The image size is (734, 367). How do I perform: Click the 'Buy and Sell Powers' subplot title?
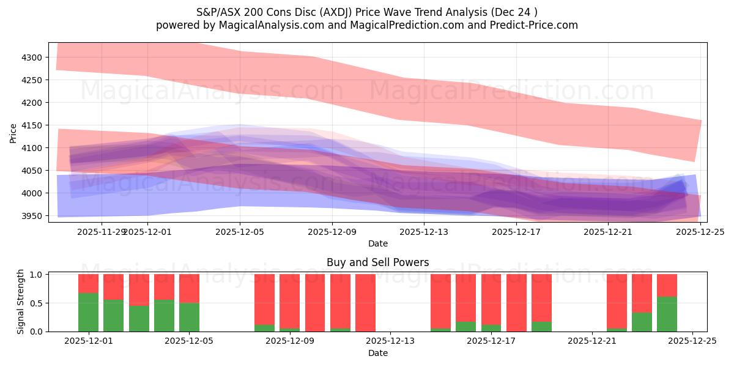click(377, 262)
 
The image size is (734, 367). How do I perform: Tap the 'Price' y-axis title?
click(13, 132)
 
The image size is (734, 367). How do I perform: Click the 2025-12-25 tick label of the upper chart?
click(700, 232)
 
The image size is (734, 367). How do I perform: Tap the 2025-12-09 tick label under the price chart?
click(332, 232)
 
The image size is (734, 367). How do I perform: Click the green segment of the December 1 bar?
click(89, 313)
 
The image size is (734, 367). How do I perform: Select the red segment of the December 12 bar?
click(365, 303)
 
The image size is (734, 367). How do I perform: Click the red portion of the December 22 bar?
click(617, 301)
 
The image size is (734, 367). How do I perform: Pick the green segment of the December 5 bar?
click(189, 317)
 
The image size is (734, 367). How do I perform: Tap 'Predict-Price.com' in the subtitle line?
click(536, 25)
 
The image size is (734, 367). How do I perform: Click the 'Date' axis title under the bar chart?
click(377, 353)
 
